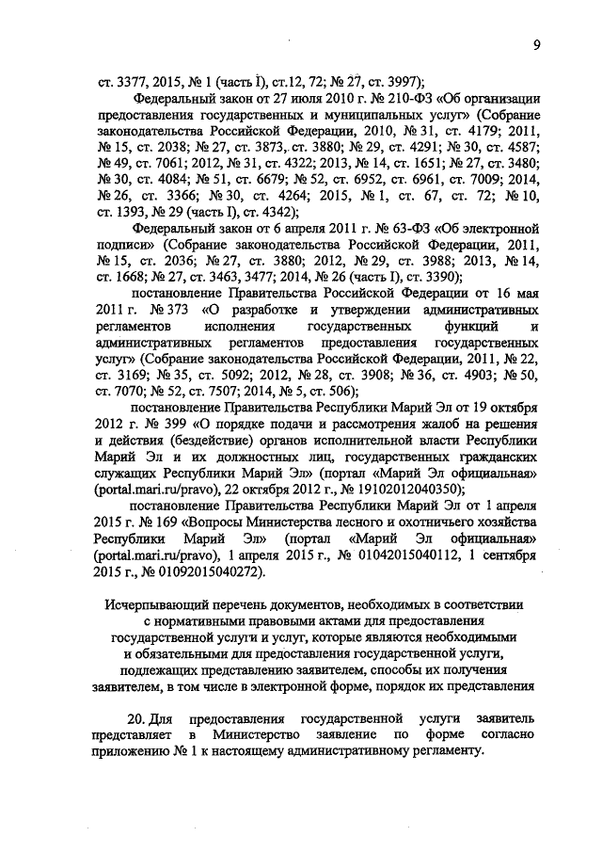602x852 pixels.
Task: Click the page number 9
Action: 535,44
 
